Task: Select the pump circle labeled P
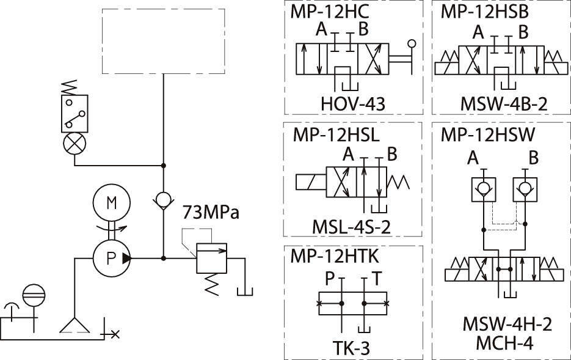111,258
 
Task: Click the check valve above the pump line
163,200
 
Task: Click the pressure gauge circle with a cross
75,144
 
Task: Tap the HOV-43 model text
353,103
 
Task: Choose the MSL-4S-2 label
352,227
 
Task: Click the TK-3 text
351,348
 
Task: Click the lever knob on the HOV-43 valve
412,43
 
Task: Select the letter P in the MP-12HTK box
330,279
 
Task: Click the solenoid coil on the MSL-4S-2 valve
311,182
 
